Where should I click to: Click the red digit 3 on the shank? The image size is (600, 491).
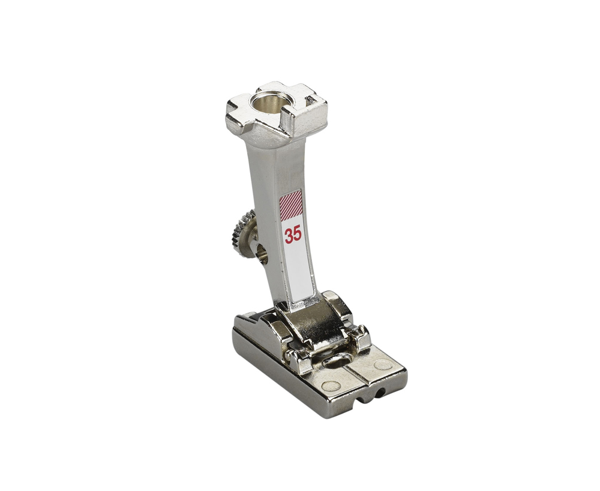point(289,236)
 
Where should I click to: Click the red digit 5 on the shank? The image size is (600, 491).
point(298,234)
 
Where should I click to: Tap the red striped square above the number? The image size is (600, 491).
point(291,205)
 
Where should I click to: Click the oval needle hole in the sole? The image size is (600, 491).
point(337,360)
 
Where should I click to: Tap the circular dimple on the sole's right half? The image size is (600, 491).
point(383,365)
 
